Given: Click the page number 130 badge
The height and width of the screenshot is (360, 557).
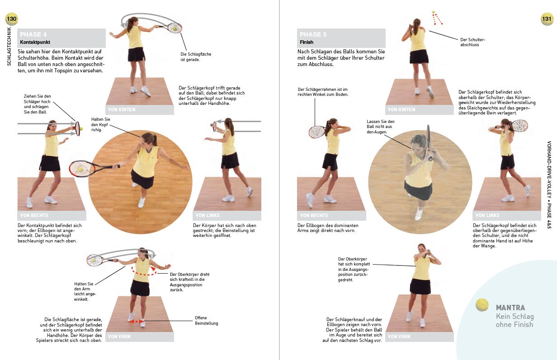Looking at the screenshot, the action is coord(11,19).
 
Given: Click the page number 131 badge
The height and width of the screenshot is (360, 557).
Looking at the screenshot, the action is coord(547,19).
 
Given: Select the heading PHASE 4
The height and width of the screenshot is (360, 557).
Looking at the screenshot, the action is coord(33,34).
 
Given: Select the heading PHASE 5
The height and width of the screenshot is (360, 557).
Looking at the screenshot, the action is coord(313,34).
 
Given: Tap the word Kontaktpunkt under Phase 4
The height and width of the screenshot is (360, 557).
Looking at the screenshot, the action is coord(35,42).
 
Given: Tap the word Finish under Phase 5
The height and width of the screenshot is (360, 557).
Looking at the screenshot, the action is coord(307,42).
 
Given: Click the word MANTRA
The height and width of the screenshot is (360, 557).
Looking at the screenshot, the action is coord(510,308).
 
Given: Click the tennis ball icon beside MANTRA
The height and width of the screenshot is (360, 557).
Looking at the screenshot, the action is coord(482,305).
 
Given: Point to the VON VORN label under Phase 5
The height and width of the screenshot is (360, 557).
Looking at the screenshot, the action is coord(399,336).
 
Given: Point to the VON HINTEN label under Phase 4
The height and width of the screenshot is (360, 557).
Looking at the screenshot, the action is coord(122,109).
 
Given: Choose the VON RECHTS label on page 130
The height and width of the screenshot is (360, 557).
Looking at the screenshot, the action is coord(34,215).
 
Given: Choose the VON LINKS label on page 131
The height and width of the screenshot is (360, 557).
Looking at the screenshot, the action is coord(487,215).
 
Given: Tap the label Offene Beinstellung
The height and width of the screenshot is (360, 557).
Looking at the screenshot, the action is coord(206,321).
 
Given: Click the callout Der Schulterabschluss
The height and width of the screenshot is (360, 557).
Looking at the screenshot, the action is coord(473,42).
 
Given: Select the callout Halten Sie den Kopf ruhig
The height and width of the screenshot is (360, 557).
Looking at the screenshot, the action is coord(100,124).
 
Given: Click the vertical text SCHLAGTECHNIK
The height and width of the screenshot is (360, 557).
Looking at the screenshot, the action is coord(9,46).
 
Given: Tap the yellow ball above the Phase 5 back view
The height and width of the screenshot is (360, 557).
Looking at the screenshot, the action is coord(433,12).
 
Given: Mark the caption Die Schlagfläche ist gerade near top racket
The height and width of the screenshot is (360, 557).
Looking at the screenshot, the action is coord(196,57).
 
